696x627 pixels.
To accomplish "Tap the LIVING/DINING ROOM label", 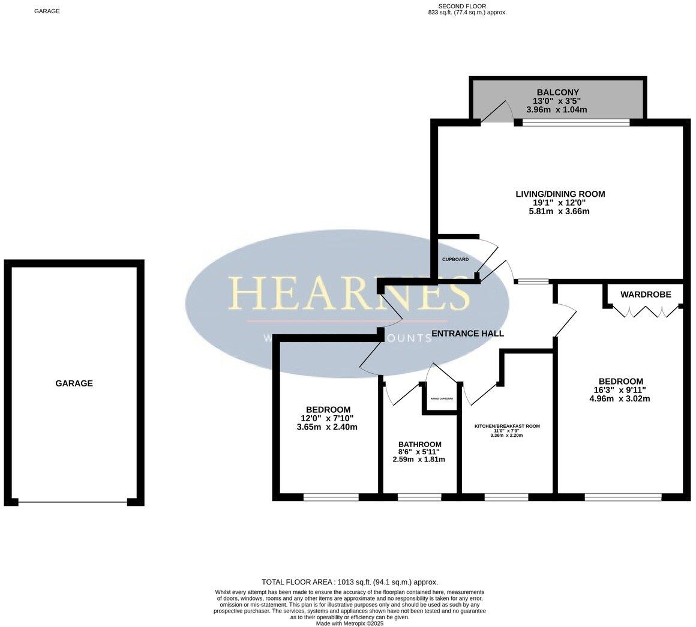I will (x=560, y=194).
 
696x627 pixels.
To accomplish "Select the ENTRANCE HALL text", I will (x=467, y=334).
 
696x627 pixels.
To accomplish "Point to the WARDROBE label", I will (x=645, y=294).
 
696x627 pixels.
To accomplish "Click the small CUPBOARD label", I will (x=455, y=259).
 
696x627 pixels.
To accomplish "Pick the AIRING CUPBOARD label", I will (x=442, y=399).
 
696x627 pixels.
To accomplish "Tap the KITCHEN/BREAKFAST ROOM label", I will (x=507, y=426).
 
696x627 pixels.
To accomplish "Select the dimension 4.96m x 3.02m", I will (x=620, y=398).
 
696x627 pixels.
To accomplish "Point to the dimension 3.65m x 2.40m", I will (x=327, y=427).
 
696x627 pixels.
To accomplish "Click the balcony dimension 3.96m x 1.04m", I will (x=556, y=110).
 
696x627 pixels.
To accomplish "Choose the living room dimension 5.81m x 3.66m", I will (x=560, y=211).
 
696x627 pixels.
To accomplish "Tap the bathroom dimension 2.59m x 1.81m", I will (x=419, y=460).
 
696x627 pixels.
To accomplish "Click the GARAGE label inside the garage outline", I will (x=74, y=383).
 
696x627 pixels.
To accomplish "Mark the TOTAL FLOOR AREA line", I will (x=350, y=582).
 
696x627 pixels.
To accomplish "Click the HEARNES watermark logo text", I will (x=349, y=293).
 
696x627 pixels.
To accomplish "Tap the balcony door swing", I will (x=497, y=113).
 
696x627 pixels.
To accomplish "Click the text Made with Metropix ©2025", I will (x=350, y=623).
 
